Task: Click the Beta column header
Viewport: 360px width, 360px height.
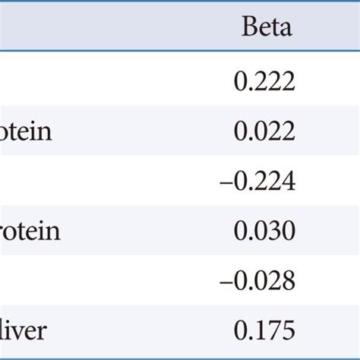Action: coord(267,29)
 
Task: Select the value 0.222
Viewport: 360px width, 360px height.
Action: coord(264,82)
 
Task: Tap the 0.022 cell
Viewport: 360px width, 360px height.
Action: coord(264,132)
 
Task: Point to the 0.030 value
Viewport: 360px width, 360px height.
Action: coord(264,232)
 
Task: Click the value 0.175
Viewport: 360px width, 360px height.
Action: coord(264,332)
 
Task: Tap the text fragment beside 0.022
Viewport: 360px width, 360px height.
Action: coord(26,132)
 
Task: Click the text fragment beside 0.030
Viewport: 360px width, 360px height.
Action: coord(30,232)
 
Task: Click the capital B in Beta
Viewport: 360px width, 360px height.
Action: coord(249,29)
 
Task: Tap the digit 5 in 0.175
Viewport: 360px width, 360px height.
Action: coord(287,332)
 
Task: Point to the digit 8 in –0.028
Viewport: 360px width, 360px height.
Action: coord(287,282)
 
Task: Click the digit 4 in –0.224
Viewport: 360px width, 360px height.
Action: coord(287,182)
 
